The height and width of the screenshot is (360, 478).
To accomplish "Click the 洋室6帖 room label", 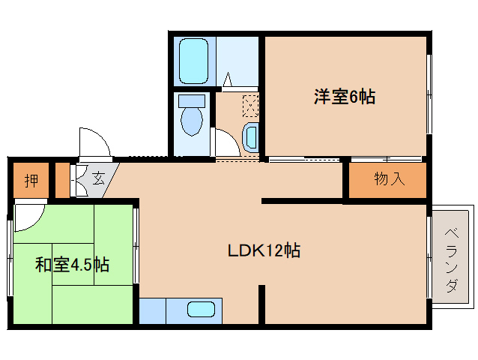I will tap(344, 97).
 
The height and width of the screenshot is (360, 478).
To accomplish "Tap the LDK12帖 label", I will tap(264, 250).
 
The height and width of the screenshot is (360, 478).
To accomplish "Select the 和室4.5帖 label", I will tap(72, 265).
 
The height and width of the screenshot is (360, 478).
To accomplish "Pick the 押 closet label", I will tap(31, 181).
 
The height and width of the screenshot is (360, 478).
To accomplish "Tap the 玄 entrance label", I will tap(98, 178).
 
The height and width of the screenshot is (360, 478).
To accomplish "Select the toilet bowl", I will tap(193, 120).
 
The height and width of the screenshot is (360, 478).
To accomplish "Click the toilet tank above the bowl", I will tap(193, 100).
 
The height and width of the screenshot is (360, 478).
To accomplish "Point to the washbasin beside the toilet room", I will tap(251, 136).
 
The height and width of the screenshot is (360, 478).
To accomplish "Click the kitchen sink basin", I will tap(202, 309).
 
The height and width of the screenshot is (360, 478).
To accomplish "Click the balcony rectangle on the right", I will tap(453, 254).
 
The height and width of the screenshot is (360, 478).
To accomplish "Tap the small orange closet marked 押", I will tap(31, 181).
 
